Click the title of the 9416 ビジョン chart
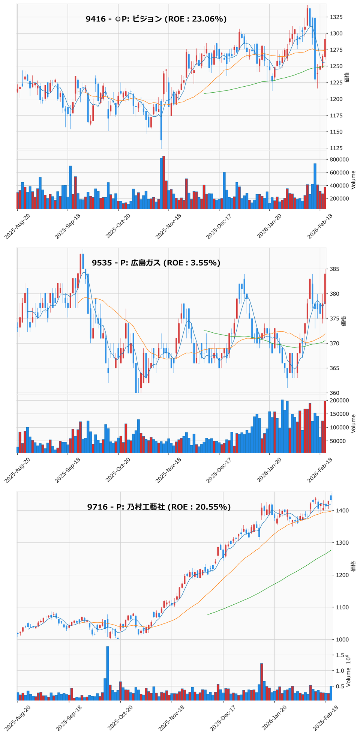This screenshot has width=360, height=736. tap(156, 19)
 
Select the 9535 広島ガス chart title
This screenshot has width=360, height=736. tap(156, 263)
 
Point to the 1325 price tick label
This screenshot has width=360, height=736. tap(338, 17)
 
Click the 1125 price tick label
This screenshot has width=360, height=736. tap(338, 149)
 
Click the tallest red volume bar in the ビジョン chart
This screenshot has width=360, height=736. tap(164, 182)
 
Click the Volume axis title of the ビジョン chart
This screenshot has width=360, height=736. tap(353, 180)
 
